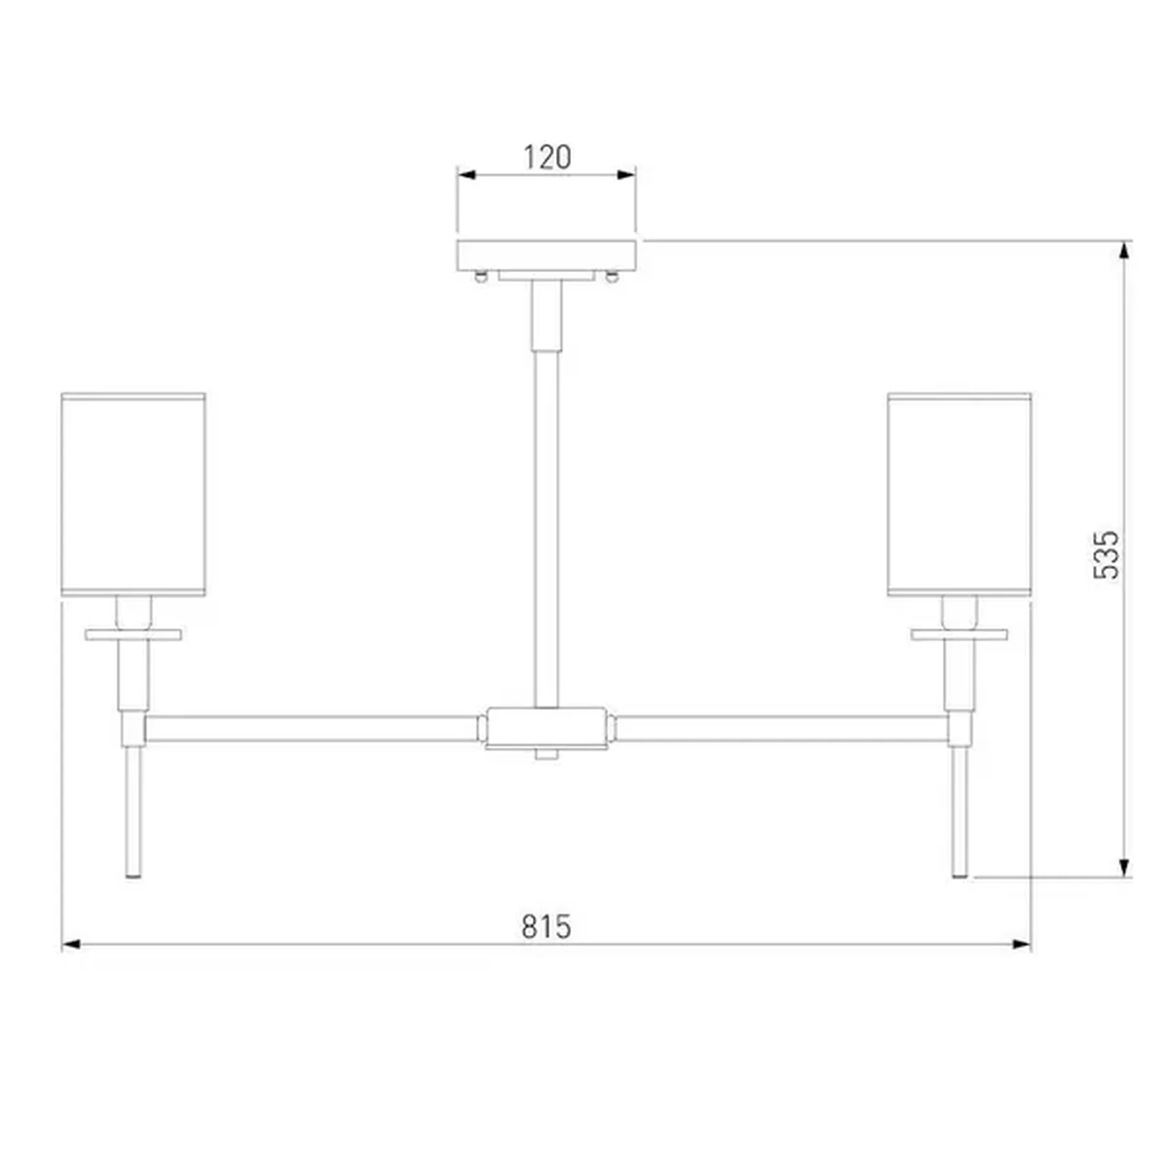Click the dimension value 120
547,157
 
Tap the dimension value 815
546,927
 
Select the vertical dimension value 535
1106,555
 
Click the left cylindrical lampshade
134,495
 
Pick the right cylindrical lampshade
959,495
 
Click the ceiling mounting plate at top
546,256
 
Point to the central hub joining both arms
546,728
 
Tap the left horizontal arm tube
311,728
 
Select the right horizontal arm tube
782,728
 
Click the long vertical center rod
546,528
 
